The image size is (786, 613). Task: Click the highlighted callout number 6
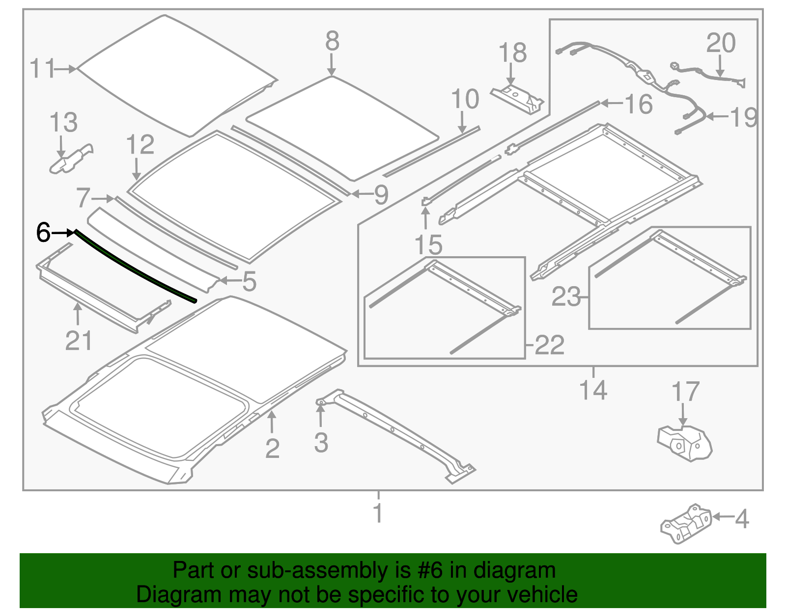(43, 232)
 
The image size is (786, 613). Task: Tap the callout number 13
(63, 123)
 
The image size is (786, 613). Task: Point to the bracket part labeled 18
(517, 98)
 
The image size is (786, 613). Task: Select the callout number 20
(721, 43)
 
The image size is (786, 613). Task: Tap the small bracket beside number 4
(685, 524)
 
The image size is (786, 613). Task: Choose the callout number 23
(566, 297)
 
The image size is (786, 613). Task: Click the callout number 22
(549, 346)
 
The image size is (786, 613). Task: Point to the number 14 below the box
(593, 390)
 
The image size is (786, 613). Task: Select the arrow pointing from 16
(612, 103)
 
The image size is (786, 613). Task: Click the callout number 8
(332, 41)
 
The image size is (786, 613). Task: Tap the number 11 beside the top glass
(42, 69)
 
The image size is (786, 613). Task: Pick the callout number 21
(78, 340)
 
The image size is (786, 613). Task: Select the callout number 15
(428, 245)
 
